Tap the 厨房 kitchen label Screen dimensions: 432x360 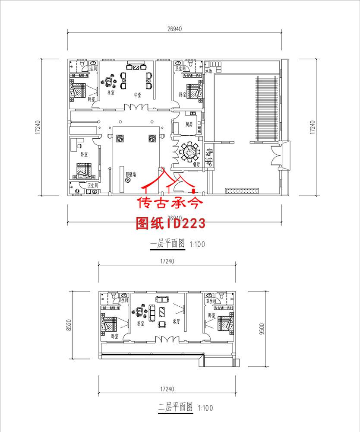(189, 125)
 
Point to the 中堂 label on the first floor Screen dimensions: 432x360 (138, 95)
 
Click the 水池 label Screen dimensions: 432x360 (209, 70)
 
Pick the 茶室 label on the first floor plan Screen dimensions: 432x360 (110, 92)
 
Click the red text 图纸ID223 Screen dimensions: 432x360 (170, 223)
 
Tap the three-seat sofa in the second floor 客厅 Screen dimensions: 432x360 (162, 299)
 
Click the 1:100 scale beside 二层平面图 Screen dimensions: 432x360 (205, 408)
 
